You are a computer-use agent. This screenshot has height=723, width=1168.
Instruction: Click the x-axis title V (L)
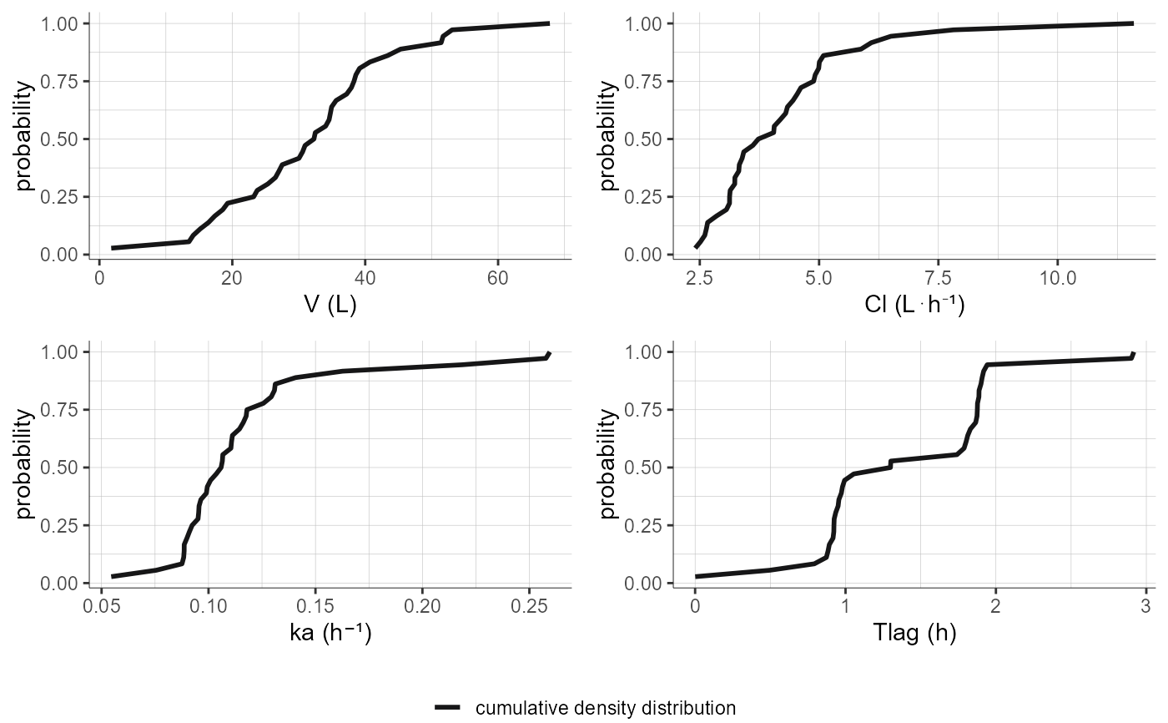[330, 306]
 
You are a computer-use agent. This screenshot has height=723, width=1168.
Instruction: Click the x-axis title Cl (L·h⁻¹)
[914, 306]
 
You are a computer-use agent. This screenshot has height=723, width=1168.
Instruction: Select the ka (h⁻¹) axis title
[330, 634]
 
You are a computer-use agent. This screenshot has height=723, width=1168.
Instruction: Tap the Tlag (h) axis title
[914, 634]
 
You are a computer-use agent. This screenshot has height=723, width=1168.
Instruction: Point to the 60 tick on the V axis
[497, 277]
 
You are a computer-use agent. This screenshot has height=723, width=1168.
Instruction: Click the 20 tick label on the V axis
[232, 277]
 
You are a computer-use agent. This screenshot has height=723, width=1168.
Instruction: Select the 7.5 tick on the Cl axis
[939, 277]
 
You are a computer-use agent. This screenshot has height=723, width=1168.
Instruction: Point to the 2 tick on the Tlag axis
[995, 605]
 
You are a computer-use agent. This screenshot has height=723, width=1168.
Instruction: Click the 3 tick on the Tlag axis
[1145, 605]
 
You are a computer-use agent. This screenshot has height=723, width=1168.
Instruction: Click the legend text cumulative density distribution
[605, 708]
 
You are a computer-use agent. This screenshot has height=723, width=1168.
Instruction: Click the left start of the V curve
[113, 248]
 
